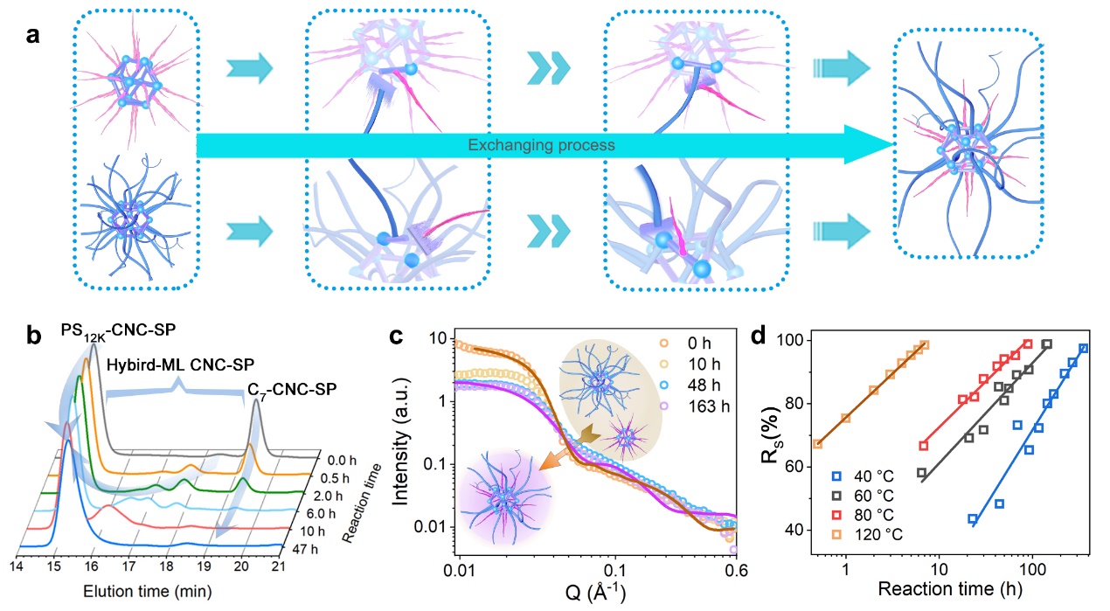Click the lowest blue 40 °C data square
[x=973, y=519]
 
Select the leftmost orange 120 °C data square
[x=817, y=443]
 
